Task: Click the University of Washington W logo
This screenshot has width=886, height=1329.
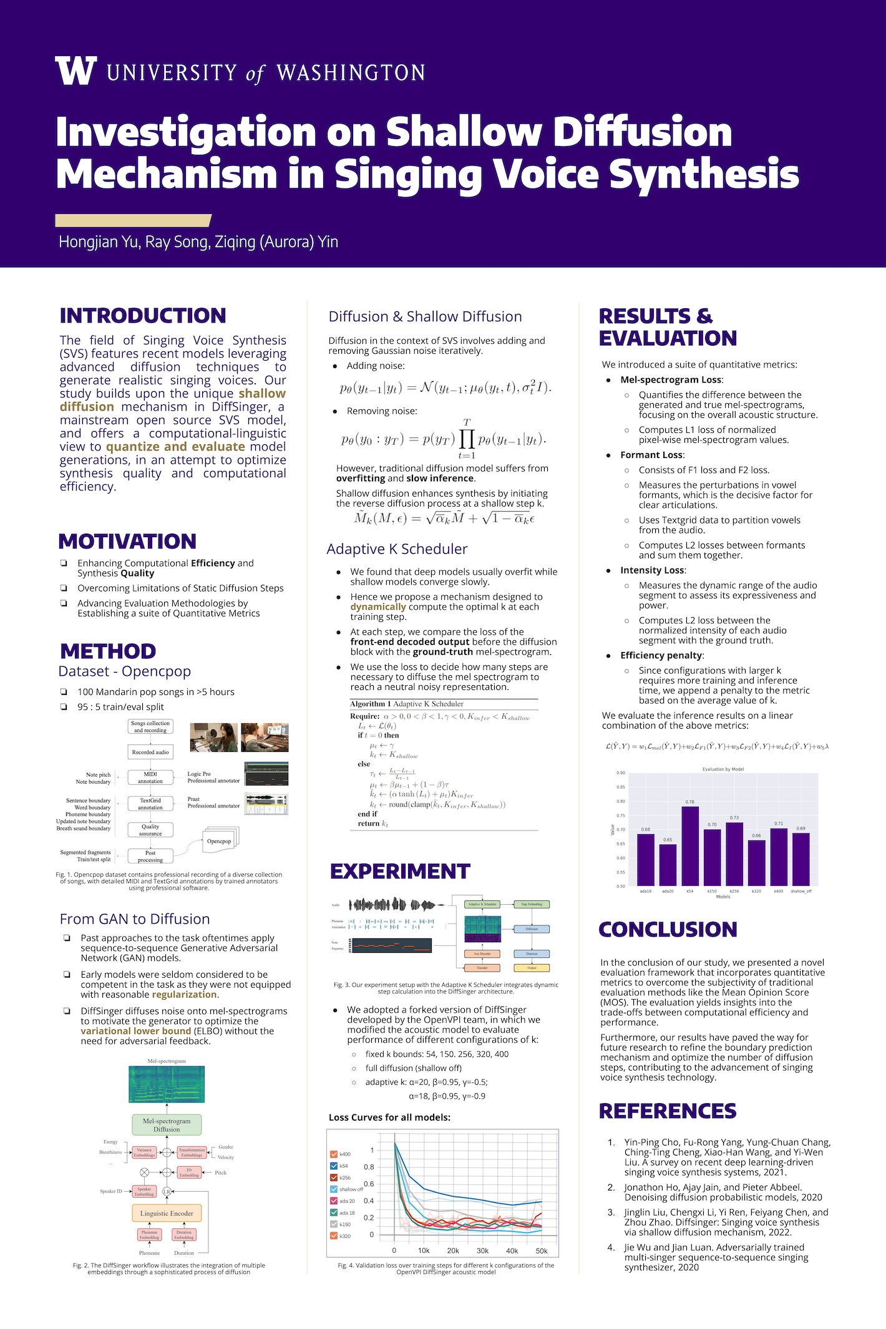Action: tap(75, 71)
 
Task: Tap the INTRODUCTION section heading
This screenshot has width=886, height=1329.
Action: tap(143, 316)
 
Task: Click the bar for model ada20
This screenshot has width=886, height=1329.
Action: tap(668, 864)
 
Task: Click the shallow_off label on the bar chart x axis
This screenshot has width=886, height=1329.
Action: tap(801, 891)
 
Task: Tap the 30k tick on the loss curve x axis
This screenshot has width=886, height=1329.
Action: tap(482, 1250)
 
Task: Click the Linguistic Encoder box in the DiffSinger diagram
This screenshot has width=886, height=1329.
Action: tap(167, 1214)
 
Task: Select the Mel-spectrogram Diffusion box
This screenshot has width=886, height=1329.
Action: tap(167, 1125)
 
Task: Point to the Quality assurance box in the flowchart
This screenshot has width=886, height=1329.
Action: tap(150, 830)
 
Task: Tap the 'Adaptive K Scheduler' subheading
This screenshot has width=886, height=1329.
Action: tap(397, 549)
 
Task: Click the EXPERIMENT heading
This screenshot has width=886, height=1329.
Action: tap(400, 871)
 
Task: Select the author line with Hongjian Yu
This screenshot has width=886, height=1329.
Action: tap(198, 242)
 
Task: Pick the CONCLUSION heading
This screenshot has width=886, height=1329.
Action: tap(668, 930)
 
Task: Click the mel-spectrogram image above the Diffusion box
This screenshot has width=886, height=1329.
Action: tap(167, 1084)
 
